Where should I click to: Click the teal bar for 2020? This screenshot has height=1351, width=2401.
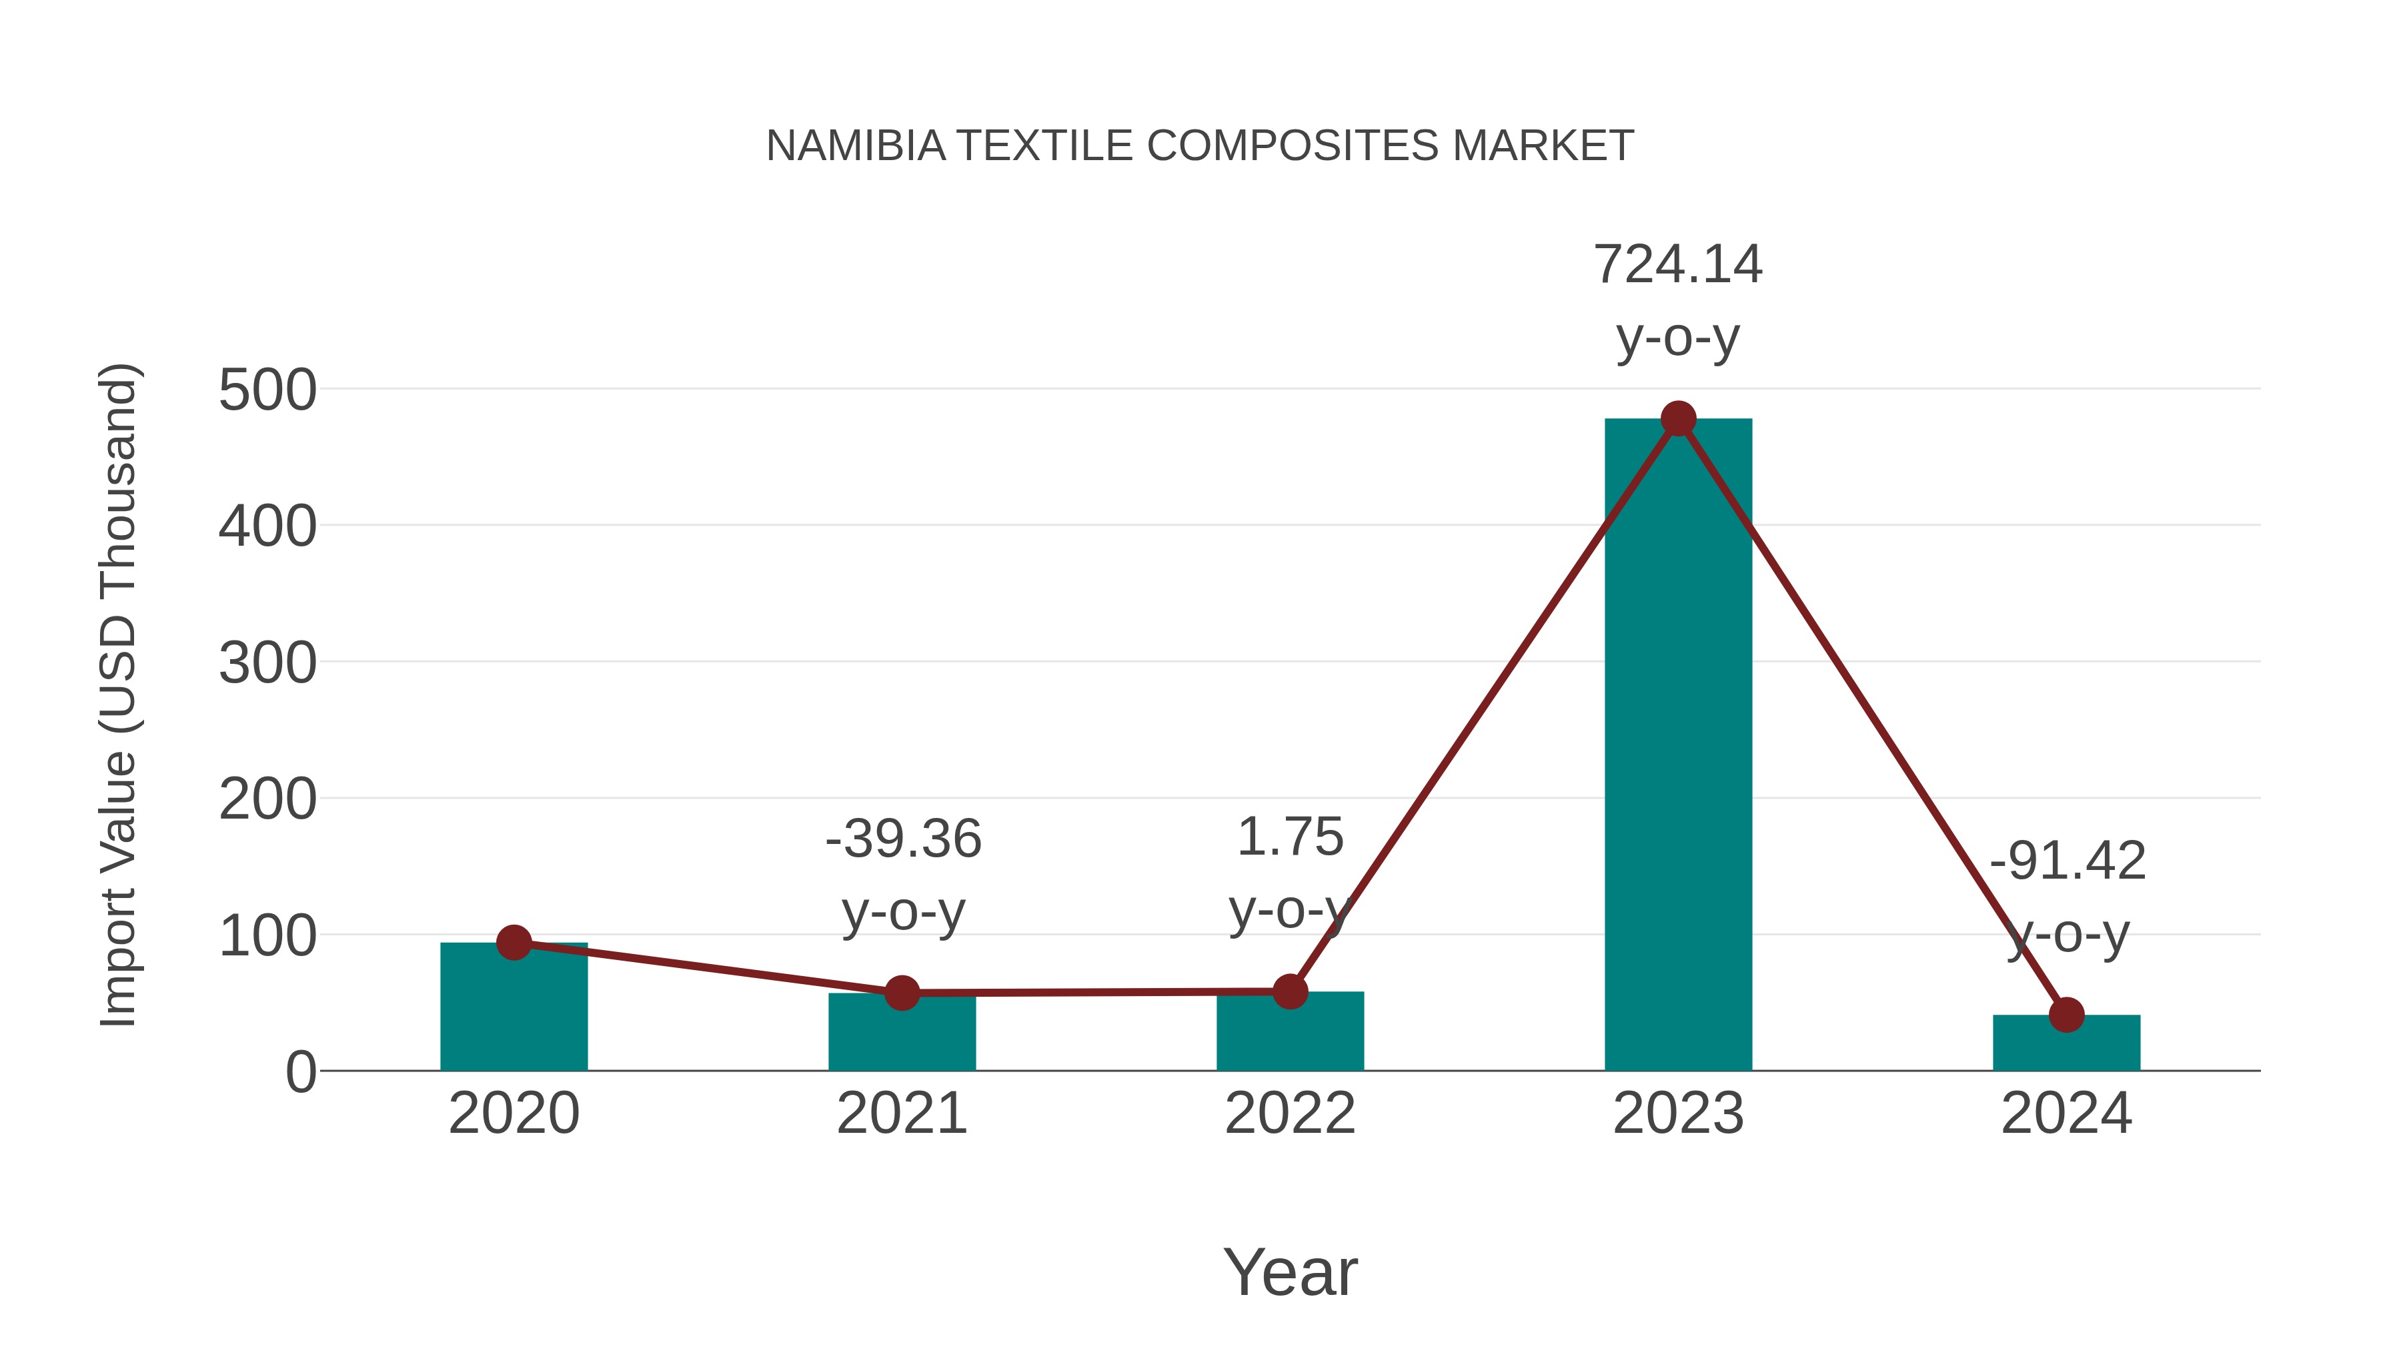click(514, 1011)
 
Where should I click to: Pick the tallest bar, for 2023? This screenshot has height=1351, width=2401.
click(1678, 746)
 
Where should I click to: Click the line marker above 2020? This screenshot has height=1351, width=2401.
click(514, 943)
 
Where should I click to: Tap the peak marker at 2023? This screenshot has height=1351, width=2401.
click(1678, 418)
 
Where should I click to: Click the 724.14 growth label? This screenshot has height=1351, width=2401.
click(1678, 265)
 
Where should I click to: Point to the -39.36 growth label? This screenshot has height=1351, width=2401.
click(903, 839)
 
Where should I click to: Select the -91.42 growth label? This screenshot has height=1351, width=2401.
click(2068, 861)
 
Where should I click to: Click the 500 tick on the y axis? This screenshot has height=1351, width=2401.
click(267, 391)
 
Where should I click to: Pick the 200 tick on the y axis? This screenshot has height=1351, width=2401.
click(267, 800)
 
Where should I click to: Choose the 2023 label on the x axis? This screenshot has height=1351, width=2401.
click(1678, 1113)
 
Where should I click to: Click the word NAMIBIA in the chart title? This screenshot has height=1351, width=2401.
click(856, 146)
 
